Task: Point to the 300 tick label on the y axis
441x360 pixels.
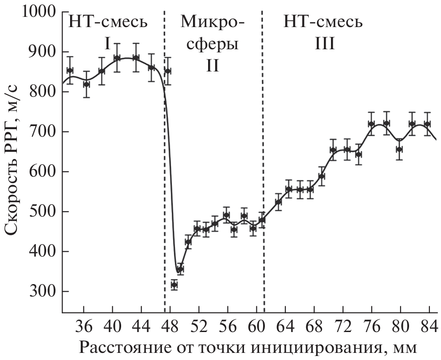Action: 43,292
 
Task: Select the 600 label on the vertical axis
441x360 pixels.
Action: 43,172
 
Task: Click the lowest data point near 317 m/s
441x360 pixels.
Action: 174,285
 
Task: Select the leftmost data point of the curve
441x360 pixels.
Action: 70,70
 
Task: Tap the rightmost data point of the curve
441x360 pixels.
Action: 427,124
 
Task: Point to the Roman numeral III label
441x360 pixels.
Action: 323,44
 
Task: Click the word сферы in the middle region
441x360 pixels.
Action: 213,44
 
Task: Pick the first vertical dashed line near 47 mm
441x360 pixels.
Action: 165,178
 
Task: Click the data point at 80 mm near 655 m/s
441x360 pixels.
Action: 399,149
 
